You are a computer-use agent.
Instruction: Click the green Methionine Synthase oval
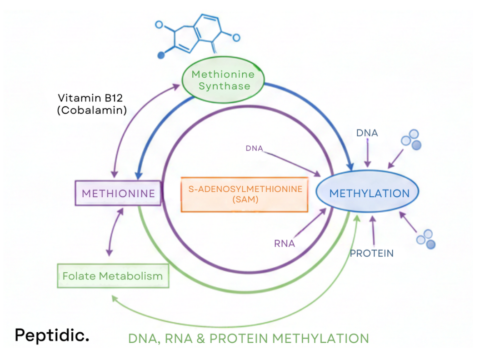[x=221, y=80]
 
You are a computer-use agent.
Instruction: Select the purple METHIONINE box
[x=118, y=193]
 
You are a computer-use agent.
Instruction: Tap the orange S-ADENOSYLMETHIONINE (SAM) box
[x=245, y=194]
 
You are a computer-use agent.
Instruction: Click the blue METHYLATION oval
[x=369, y=193]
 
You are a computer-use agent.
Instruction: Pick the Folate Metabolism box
[x=113, y=276]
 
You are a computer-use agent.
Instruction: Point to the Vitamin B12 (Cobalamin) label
[x=92, y=104]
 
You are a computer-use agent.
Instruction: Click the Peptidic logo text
[x=52, y=335]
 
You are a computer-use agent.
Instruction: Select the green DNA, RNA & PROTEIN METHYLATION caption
[x=248, y=339]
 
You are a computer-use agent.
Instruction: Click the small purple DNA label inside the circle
[x=254, y=148]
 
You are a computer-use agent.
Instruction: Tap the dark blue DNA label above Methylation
[x=367, y=133]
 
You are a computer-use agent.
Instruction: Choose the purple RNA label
[x=285, y=244]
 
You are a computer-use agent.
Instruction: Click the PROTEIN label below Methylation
[x=371, y=253]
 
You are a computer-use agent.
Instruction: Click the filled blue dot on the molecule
[x=160, y=55]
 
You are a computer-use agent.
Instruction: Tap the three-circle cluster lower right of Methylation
[x=426, y=239]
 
